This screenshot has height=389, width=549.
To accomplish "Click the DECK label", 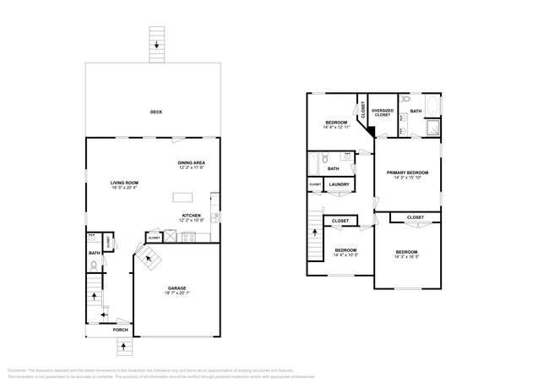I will click(x=155, y=112).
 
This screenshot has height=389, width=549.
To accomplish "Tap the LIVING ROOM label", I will click(x=124, y=183).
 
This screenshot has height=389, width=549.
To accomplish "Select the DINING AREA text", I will click(x=192, y=162).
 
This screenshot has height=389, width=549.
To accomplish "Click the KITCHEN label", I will click(x=192, y=216).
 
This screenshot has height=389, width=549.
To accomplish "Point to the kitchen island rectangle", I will click(x=183, y=197).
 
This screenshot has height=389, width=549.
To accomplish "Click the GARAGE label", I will click(x=177, y=288).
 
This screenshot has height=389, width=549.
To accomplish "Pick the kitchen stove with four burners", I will click(x=188, y=237).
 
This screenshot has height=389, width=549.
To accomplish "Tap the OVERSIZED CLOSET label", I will click(x=382, y=112).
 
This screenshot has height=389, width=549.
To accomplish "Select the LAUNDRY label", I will click(x=340, y=184).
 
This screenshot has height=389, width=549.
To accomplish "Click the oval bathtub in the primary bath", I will click(x=432, y=107).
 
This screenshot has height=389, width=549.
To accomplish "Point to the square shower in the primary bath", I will click(x=432, y=128).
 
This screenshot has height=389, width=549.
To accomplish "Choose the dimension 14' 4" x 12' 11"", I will click(x=336, y=128).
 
